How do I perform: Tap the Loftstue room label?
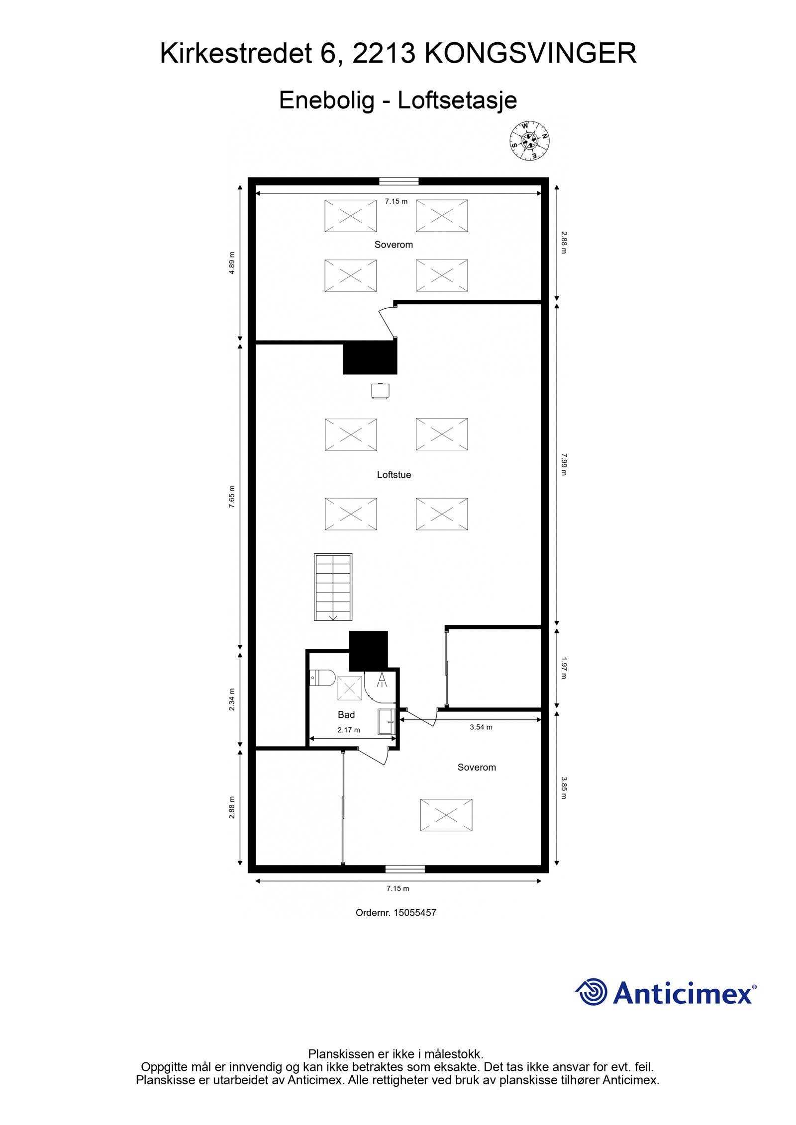pyautogui.click(x=394, y=475)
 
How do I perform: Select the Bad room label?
pyautogui.click(x=346, y=714)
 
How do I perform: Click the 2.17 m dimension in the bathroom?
pyautogui.click(x=348, y=730)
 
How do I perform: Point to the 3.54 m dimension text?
pyautogui.click(x=481, y=727)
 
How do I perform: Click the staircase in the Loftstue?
pyautogui.click(x=333, y=587)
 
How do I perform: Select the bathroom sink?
pyautogui.click(x=386, y=721)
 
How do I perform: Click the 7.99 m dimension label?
pyautogui.click(x=563, y=464)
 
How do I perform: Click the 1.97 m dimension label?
pyautogui.click(x=563, y=668)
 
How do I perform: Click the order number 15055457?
pyautogui.click(x=414, y=913)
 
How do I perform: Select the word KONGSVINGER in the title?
pyautogui.click(x=530, y=54)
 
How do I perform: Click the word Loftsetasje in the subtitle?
pyautogui.click(x=457, y=100)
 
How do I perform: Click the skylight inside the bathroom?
pyautogui.click(x=350, y=688)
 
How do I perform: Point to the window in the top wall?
pyautogui.click(x=398, y=181)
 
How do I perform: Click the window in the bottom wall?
pyautogui.click(x=405, y=869)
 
